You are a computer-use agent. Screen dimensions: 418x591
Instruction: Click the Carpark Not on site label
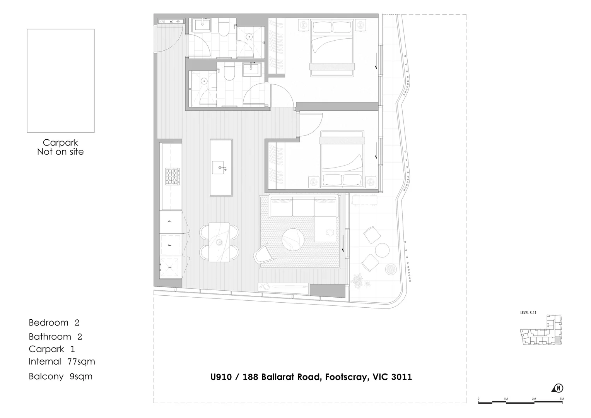coord(60,147)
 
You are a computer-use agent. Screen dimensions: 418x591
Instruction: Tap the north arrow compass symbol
coord(559,388)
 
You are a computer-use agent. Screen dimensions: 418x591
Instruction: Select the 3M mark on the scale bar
coord(562,399)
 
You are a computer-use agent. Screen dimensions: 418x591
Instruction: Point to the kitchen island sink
coord(221,168)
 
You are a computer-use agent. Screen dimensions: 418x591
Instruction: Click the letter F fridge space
coord(169,245)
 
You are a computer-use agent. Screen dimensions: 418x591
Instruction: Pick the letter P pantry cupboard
coord(169,221)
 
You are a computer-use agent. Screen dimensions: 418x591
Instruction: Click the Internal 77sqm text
coord(62,361)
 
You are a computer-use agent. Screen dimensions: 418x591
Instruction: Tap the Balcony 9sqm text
coord(60,376)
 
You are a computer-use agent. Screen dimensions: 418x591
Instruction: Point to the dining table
coord(219,242)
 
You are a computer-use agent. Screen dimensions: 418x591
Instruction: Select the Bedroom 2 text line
coord(54,322)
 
